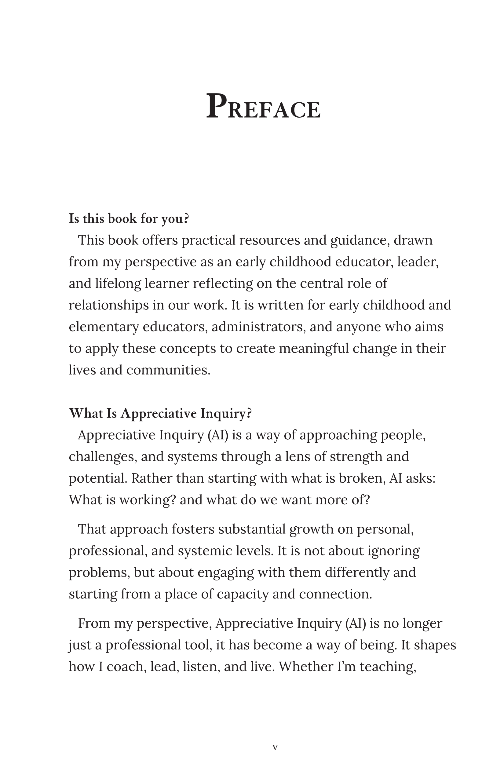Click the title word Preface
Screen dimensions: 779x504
(263, 106)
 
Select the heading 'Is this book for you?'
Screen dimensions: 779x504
(129, 219)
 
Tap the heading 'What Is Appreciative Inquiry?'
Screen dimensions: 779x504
(160, 413)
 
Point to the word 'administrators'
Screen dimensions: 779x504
(258, 327)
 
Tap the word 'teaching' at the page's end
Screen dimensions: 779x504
(388, 666)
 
